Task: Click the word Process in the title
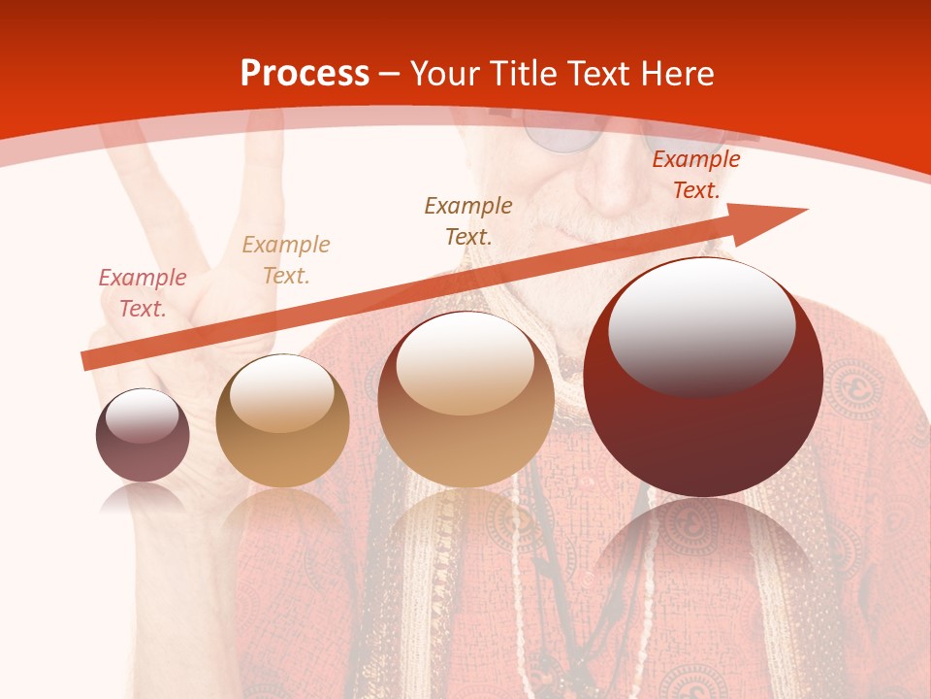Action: coord(305,74)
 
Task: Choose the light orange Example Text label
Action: coord(286,260)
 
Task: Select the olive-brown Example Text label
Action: coord(468,220)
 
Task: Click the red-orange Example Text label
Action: coord(695,175)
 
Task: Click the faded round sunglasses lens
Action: coord(561,136)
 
